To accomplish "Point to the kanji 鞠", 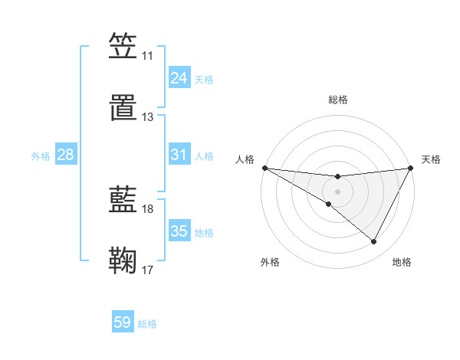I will tap(123, 260).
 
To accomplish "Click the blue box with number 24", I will tap(179, 78).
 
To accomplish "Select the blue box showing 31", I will tap(179, 155).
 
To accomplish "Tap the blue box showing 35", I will tap(179, 231).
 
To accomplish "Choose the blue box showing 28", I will tap(66, 155).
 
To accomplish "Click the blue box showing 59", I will tap(123, 322).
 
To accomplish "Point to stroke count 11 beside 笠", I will tap(147, 56).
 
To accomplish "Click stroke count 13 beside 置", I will tap(147, 117).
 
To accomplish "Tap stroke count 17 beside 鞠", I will tap(147, 270).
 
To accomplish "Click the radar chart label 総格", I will tap(337, 100).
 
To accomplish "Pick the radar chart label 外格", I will tap(270, 263).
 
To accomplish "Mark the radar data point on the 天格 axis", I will tap(411, 169).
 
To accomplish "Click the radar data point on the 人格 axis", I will tap(264, 168).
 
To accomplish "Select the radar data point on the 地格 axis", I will tap(374, 242).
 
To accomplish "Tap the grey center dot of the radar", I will tap(337, 191).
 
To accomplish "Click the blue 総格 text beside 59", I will tap(147, 324).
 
